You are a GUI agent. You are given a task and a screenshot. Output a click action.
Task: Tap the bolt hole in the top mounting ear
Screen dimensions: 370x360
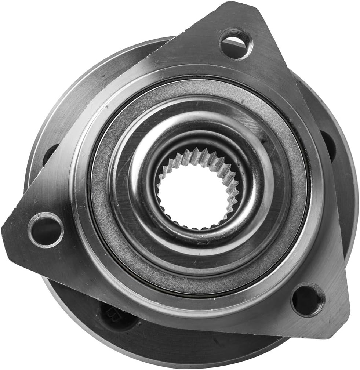[x=236, y=44]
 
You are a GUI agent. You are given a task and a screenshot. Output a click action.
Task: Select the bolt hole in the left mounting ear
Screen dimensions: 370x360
[x=46, y=230]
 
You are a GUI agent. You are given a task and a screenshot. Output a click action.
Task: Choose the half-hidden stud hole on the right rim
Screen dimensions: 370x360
[x=328, y=145]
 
